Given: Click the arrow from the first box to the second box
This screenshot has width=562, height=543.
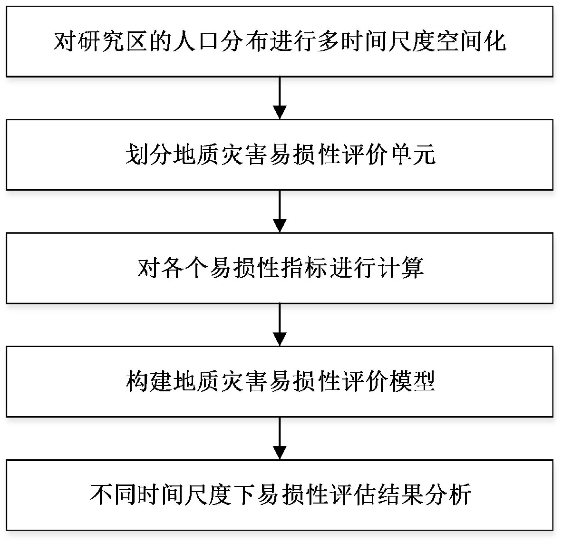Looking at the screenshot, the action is (280, 98).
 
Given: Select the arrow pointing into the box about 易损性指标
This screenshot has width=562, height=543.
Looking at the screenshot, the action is (280, 212).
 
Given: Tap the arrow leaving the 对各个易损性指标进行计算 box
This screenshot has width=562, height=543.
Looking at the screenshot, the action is (280, 325).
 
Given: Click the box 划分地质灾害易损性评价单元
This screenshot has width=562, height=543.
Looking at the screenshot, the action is (280, 155).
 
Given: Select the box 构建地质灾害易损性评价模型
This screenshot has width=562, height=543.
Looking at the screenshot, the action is (280, 381).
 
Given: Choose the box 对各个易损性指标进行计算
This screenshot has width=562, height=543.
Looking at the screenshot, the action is (280, 268).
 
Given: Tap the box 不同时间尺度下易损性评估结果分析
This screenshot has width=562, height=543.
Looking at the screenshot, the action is (280, 495).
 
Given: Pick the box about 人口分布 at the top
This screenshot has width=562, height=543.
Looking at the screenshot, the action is (280, 41).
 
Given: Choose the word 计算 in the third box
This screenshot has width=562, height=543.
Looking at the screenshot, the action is (401, 268).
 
